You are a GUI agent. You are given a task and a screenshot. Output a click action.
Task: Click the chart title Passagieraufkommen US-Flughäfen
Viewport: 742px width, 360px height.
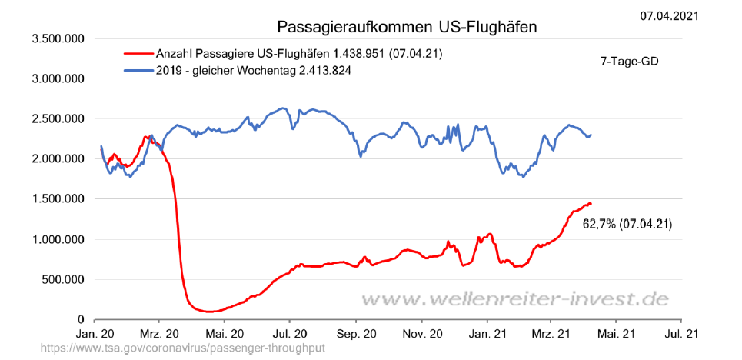tap(407, 27)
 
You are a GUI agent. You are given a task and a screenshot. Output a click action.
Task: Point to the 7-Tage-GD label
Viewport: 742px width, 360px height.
tap(629, 62)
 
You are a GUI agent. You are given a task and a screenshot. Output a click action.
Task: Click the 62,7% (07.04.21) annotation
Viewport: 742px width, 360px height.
tap(628, 225)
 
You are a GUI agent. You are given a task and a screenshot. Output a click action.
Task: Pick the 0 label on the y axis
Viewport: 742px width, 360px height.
tap(81, 319)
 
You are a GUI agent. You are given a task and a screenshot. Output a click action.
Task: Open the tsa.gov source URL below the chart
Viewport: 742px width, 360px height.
tap(183, 348)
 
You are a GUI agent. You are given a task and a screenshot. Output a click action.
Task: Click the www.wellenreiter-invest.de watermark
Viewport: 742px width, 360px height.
tap(516, 298)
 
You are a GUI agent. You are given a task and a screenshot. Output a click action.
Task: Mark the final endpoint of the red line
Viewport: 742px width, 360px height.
tap(591, 204)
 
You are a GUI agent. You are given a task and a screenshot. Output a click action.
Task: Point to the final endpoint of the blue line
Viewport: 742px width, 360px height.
tap(591, 135)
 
